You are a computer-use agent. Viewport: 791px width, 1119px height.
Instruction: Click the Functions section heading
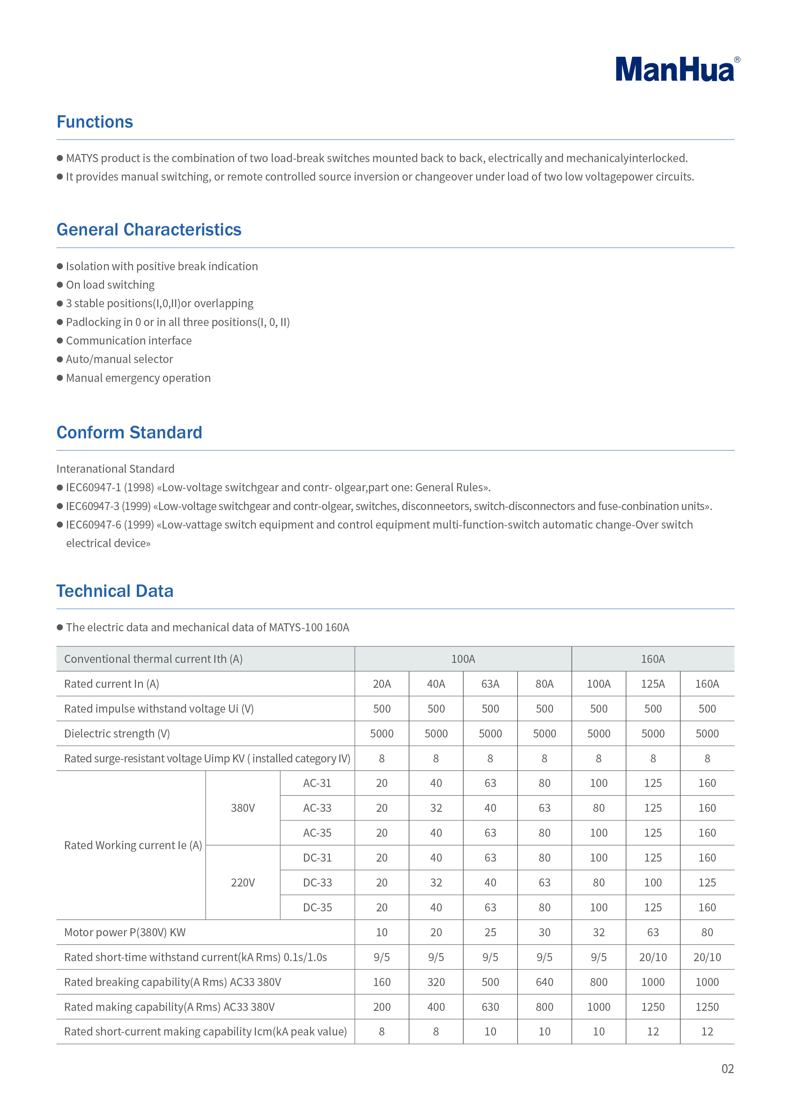pos(94,122)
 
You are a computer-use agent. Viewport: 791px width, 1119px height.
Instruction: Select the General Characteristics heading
pos(149,230)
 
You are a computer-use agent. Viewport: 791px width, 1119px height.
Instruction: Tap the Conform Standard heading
pos(129,432)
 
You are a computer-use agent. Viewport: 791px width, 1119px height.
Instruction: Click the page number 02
pos(727,1069)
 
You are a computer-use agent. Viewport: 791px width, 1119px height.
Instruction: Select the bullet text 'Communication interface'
pos(129,341)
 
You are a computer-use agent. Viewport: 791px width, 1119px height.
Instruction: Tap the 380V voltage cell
pos(243,808)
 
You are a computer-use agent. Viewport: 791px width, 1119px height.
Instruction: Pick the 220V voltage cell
pos(243,883)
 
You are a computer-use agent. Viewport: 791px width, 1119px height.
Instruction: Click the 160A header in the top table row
pos(653,659)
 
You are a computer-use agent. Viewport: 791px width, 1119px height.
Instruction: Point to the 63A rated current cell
pos(490,684)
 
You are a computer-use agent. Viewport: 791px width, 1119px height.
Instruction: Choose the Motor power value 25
pos(490,932)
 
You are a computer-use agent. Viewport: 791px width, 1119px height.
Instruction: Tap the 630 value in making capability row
pos(490,1007)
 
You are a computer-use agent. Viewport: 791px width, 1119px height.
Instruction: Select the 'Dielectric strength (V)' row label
pos(117,733)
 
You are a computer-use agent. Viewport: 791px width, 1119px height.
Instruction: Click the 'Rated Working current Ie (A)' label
pos(133,845)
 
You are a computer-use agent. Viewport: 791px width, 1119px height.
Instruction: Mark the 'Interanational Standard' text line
pos(115,469)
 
